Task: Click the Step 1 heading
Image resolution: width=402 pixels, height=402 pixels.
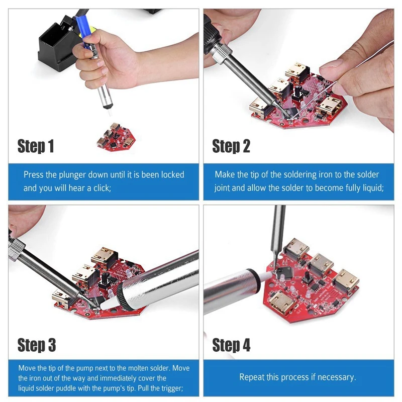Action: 36,146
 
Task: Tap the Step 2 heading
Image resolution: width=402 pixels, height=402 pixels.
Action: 231,146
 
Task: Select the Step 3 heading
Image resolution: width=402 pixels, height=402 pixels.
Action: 36,345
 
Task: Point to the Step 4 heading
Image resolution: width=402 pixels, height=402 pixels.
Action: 231,345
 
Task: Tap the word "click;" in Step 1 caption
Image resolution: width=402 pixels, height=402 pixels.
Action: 102,188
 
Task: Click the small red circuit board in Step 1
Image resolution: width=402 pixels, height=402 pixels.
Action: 116,138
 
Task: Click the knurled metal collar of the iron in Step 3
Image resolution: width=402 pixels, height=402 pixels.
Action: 16,249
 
